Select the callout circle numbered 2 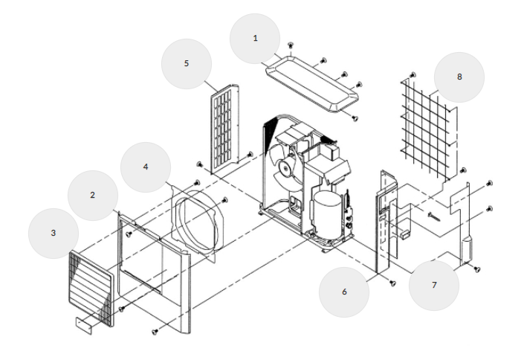[x=93, y=196]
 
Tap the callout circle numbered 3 [x=54, y=233]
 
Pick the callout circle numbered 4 [x=146, y=167]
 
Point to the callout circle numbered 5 [x=187, y=64]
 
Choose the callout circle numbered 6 [x=344, y=292]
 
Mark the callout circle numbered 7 [x=434, y=286]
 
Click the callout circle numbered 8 [x=459, y=77]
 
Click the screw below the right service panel [x=392, y=283]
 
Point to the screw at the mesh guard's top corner [x=413, y=76]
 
